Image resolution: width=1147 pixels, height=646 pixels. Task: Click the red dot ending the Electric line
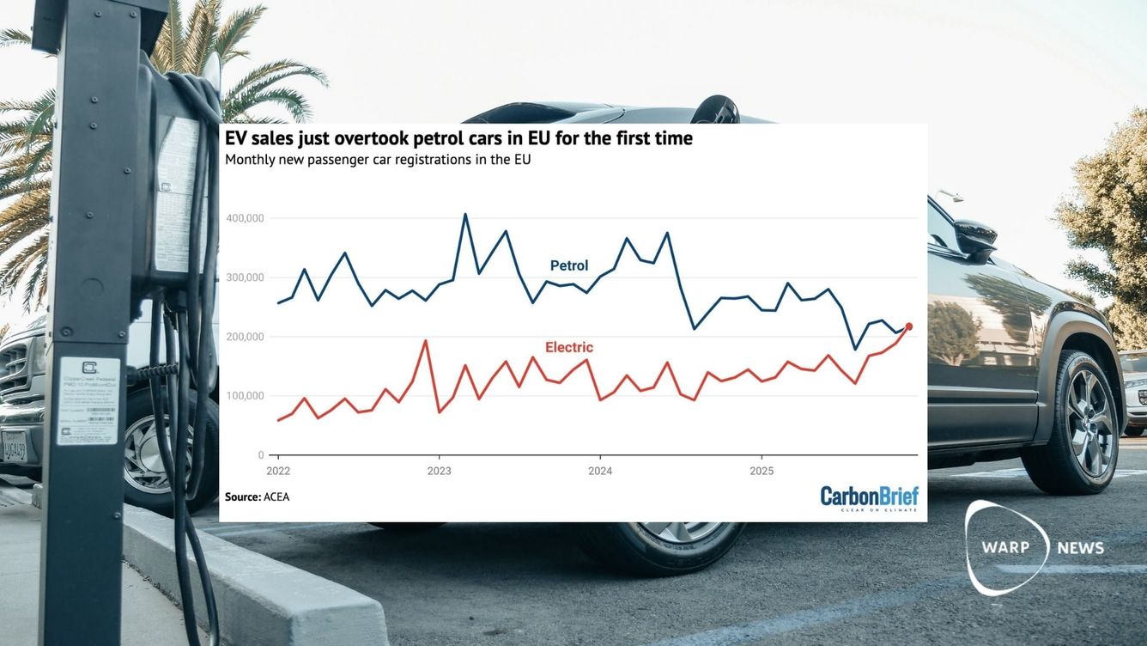pyautogui.click(x=908, y=326)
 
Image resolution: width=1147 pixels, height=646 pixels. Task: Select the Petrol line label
pyautogui.click(x=568, y=266)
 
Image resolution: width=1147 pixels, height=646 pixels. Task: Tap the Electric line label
pyautogui.click(x=568, y=348)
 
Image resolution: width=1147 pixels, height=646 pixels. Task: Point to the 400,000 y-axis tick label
pyautogui.click(x=245, y=219)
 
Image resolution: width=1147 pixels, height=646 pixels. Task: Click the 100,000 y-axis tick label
pyautogui.click(x=245, y=396)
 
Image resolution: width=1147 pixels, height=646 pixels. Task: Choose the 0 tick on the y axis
pyautogui.click(x=261, y=455)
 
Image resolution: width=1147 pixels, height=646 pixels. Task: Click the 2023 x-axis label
pyautogui.click(x=439, y=472)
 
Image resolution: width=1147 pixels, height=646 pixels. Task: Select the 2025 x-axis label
pyautogui.click(x=762, y=472)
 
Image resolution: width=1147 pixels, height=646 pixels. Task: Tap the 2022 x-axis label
pyautogui.click(x=278, y=472)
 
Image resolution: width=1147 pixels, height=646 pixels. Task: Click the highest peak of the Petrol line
pyautogui.click(x=465, y=214)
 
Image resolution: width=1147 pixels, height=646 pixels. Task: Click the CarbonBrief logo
pyautogui.click(x=869, y=498)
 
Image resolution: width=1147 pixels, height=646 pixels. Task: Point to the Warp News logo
pyautogui.click(x=1030, y=548)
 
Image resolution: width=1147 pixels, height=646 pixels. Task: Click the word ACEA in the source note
pyautogui.click(x=276, y=497)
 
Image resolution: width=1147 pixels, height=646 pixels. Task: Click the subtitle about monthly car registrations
pyautogui.click(x=378, y=160)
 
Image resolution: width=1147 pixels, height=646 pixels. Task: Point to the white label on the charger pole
pyautogui.click(x=88, y=400)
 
